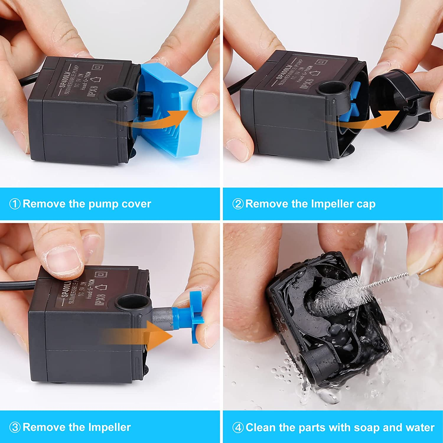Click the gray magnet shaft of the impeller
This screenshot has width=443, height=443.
(x=162, y=317)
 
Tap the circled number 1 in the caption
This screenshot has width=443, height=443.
(x=15, y=204)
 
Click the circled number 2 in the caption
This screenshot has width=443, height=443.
(x=238, y=204)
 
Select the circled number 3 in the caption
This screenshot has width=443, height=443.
(x=15, y=427)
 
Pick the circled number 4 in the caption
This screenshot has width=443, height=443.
(x=238, y=427)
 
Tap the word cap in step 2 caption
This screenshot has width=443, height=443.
(x=366, y=204)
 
